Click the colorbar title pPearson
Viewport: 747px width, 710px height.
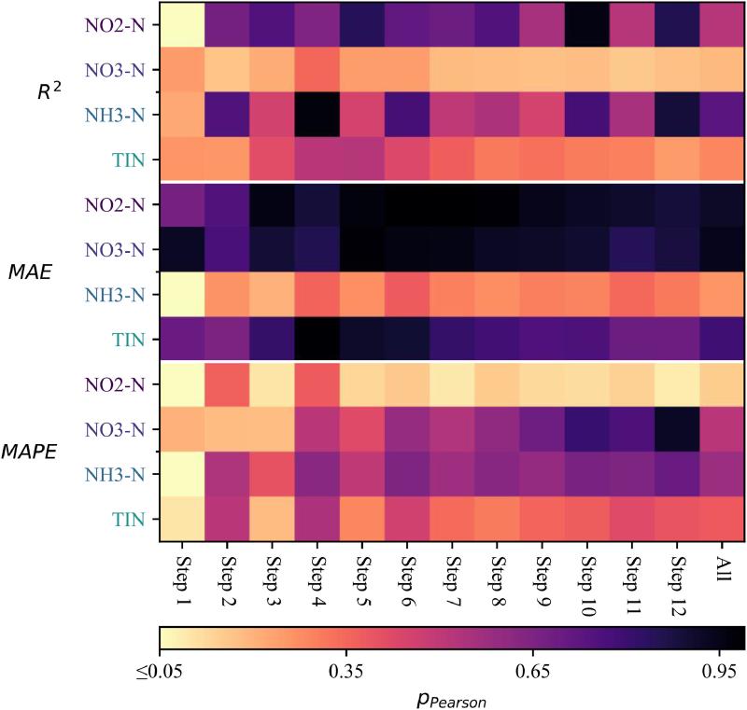click(x=451, y=696)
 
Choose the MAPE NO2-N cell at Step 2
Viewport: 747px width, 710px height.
click(x=227, y=386)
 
